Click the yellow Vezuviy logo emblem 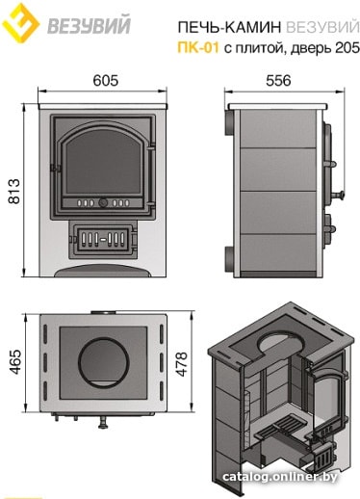point(20,22)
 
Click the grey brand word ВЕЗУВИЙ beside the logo point(90,25)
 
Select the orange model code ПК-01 point(198,48)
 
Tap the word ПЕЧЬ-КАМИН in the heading point(229,28)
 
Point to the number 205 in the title point(347,48)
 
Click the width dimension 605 point(106,81)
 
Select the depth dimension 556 point(278,81)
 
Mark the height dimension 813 point(14,192)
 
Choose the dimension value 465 point(15,361)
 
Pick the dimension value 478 point(181,364)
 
